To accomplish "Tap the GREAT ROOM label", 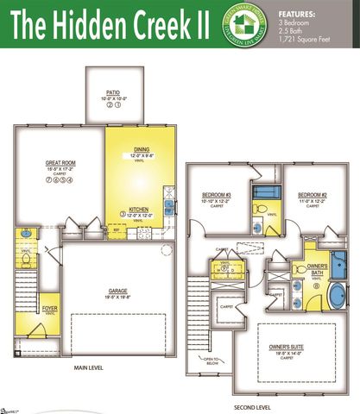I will pyautogui.click(x=61, y=162).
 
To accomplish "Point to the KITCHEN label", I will pyautogui.click(x=141, y=210).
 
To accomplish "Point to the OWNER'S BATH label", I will pyautogui.click(x=318, y=269).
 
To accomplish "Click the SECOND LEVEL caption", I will pyautogui.click(x=252, y=406).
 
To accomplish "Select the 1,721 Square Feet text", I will pyautogui.click(x=305, y=40).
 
